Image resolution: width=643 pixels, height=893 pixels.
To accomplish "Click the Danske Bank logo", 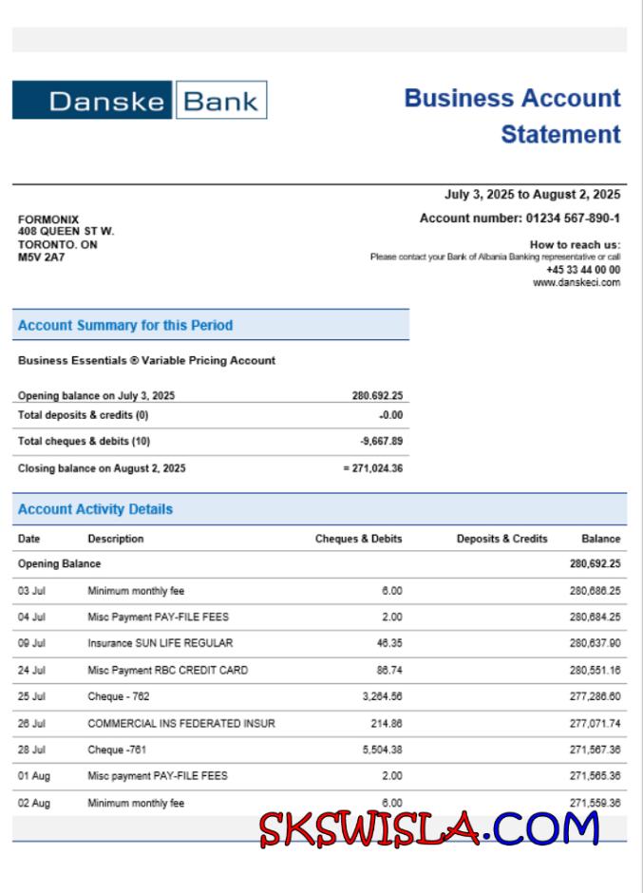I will pyautogui.click(x=139, y=100).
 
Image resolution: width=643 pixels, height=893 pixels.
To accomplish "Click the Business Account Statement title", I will pyautogui.click(x=513, y=116).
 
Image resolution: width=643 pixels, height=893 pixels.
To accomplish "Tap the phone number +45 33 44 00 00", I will pyautogui.click(x=583, y=270).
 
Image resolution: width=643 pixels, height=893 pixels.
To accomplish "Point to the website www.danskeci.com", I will pyautogui.click(x=577, y=282).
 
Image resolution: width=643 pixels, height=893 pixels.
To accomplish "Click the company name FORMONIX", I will pyautogui.click(x=48, y=219).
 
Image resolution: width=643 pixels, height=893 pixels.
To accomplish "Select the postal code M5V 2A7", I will pyautogui.click(x=42, y=256).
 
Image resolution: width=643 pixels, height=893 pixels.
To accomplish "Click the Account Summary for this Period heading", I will pyautogui.click(x=125, y=325).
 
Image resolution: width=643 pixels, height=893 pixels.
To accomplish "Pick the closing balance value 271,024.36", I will pyautogui.click(x=376, y=468).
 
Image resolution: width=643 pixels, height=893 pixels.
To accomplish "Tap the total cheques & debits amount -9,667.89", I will pyautogui.click(x=382, y=441).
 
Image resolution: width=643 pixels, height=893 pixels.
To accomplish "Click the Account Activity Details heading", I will pyautogui.click(x=95, y=509).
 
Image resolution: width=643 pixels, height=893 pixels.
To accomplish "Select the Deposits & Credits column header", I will pyautogui.click(x=501, y=539).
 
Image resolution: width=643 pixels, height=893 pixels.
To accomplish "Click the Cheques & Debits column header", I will pyautogui.click(x=358, y=539).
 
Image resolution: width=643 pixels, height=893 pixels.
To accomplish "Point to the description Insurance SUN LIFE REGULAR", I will pyautogui.click(x=160, y=643).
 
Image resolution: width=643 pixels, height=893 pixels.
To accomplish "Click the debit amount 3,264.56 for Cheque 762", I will pyautogui.click(x=383, y=696).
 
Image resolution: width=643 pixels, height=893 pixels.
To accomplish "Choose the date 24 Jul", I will pyautogui.click(x=33, y=670).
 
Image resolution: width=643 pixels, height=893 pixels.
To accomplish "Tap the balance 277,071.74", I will pyautogui.click(x=596, y=723).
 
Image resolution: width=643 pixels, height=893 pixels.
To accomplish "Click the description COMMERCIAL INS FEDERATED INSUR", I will pyautogui.click(x=181, y=723).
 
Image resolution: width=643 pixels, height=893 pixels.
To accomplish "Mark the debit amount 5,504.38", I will pyautogui.click(x=383, y=750).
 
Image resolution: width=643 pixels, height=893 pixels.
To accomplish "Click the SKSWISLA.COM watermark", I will pyautogui.click(x=429, y=829).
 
